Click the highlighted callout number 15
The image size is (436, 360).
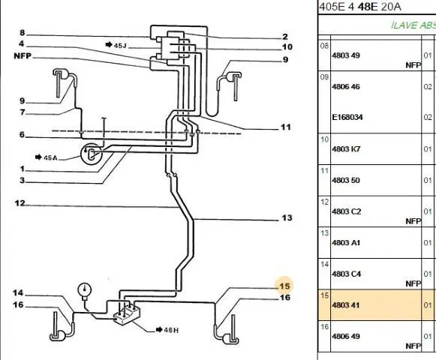tap(284, 286)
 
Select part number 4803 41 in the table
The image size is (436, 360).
tap(346, 305)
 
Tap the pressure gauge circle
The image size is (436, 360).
tap(84, 289)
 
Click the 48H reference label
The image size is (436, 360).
tap(167, 330)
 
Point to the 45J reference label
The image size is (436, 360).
tap(116, 45)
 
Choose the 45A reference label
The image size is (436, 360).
tap(47, 157)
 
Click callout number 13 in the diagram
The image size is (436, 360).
tap(287, 217)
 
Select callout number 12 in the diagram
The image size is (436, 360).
tap(20, 203)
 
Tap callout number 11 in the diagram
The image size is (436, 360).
tap(286, 127)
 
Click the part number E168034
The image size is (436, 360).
tap(347, 117)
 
